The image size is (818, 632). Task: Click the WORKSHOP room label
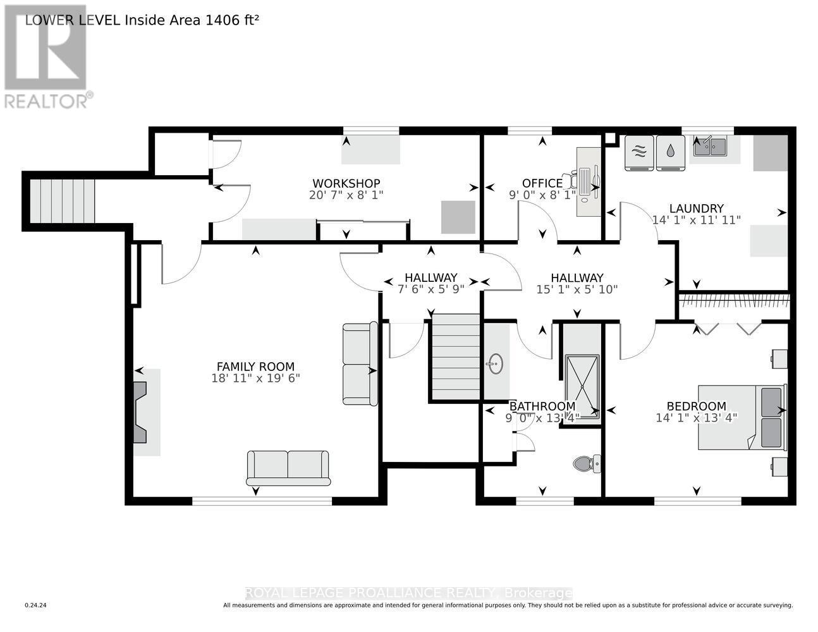click(346, 183)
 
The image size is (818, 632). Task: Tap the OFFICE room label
click(542, 183)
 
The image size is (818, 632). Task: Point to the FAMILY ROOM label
click(255, 366)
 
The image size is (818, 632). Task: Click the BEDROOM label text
click(696, 406)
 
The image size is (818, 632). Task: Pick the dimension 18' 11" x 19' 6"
click(255, 378)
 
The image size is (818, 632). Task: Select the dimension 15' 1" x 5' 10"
click(577, 289)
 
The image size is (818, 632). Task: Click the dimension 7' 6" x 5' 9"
click(430, 289)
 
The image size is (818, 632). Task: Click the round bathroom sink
click(495, 363)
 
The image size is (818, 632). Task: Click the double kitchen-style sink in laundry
click(710, 147)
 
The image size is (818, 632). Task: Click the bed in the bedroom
click(741, 417)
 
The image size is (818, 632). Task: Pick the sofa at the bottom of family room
click(288, 468)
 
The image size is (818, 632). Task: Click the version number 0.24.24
click(36, 605)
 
